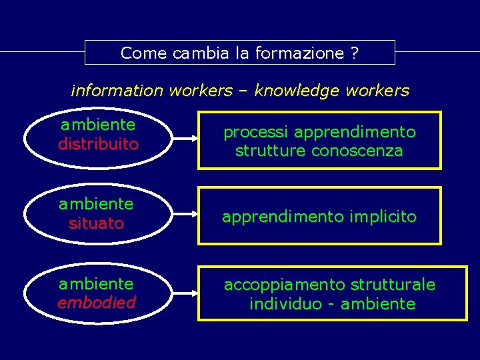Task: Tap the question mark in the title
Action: tap(353, 53)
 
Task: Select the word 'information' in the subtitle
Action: tap(118, 90)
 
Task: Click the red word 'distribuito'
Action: tap(98, 144)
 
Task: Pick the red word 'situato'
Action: tap(96, 223)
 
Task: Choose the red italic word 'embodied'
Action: tap(96, 303)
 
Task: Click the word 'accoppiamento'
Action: tap(274, 285)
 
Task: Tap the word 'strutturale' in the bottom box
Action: tap(394, 285)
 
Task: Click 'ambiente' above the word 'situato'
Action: tap(96, 203)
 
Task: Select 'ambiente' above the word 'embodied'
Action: tap(96, 284)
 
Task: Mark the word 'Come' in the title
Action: tap(144, 53)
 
